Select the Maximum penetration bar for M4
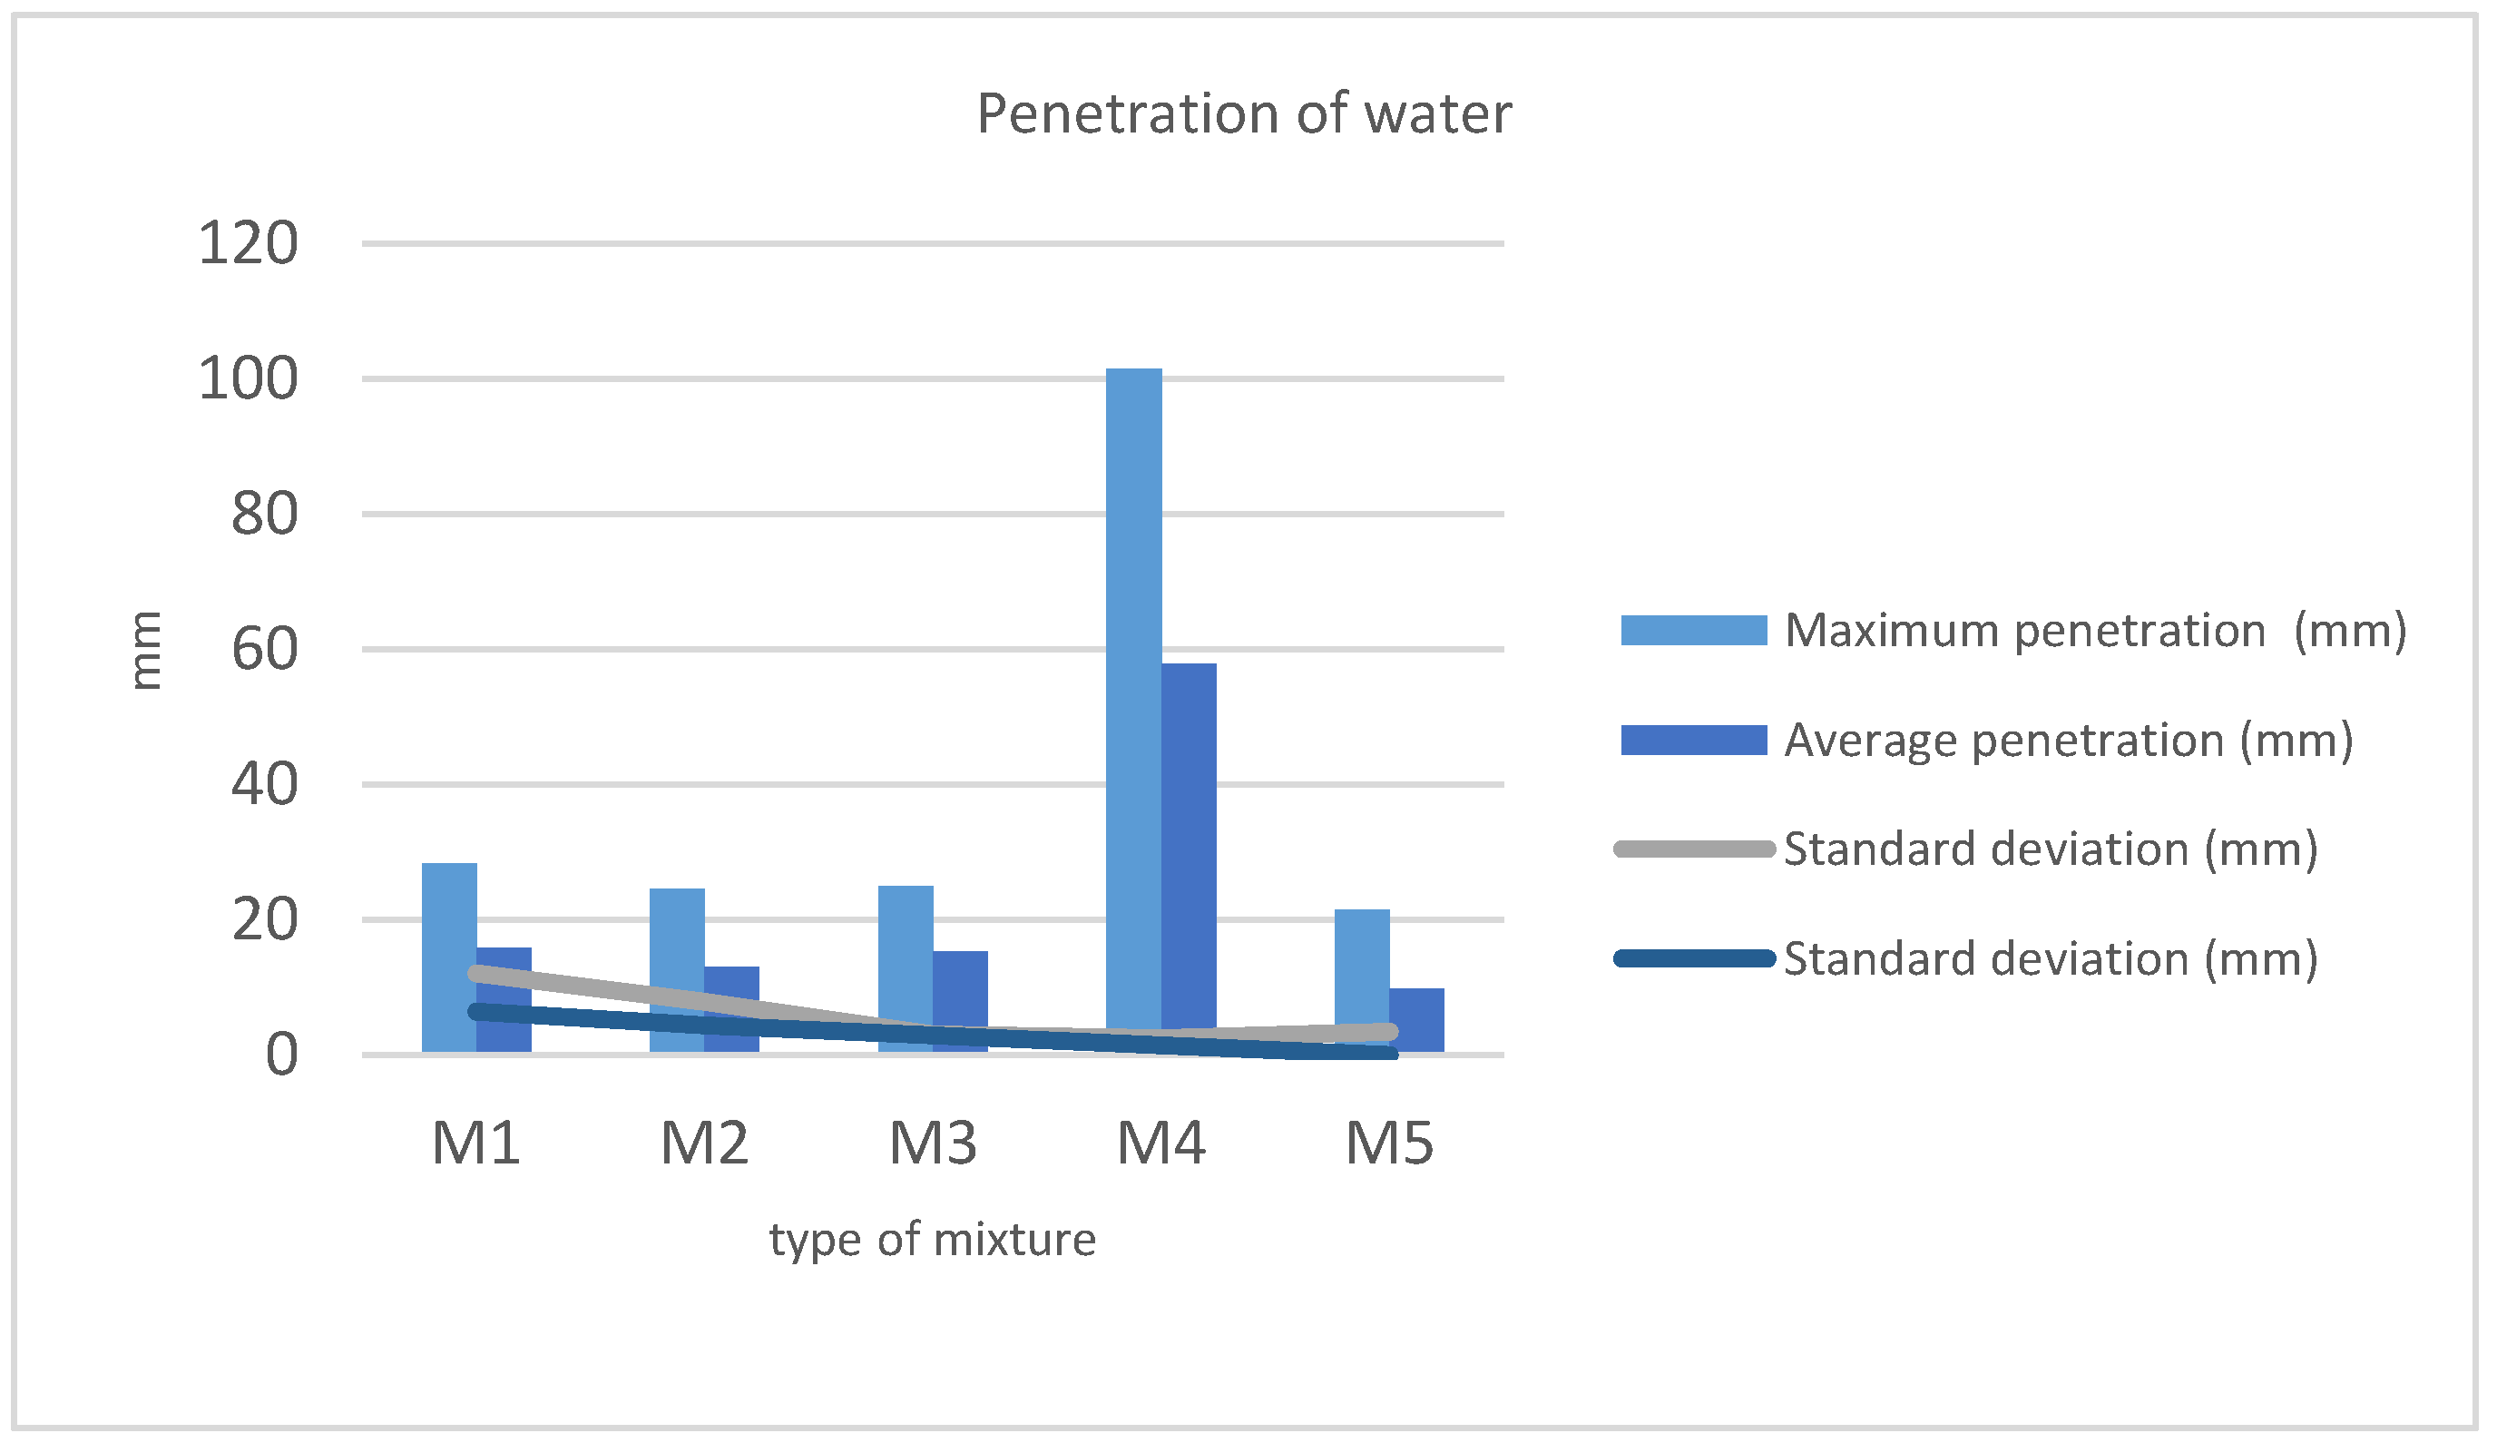point(1133,693)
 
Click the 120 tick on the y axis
point(248,243)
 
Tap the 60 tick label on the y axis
point(263,650)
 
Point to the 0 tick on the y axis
point(281,1055)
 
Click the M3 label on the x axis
point(933,1143)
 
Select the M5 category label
point(1388,1143)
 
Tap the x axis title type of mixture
point(933,1239)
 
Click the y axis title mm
point(146,650)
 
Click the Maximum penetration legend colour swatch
point(1693,631)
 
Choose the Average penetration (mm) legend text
point(2068,741)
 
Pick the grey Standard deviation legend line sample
point(1693,849)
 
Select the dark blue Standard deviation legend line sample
point(1693,958)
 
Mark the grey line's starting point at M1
point(476,973)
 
